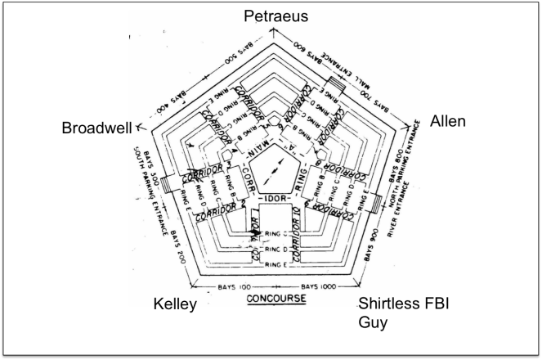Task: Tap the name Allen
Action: click(447, 122)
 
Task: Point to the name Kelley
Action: click(176, 305)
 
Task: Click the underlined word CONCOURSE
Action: click(277, 299)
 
